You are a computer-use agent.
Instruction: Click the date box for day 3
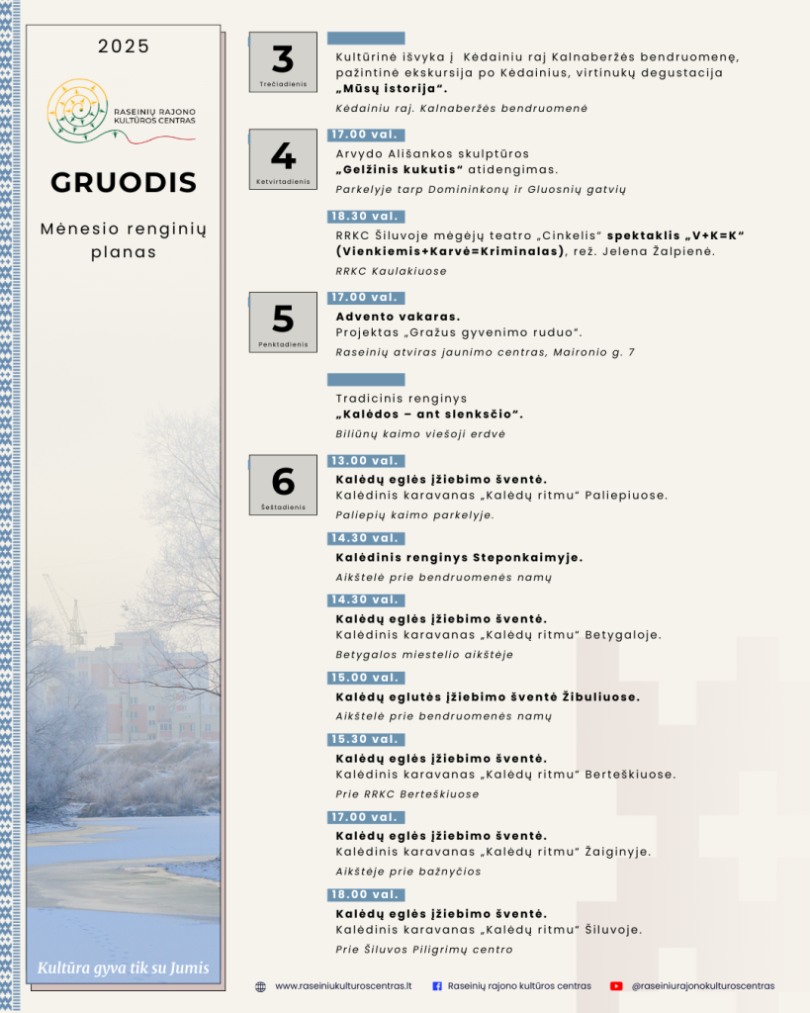pyautogui.click(x=283, y=63)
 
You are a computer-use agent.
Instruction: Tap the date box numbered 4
pyautogui.click(x=283, y=159)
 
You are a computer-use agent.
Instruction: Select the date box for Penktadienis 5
pyautogui.click(x=283, y=322)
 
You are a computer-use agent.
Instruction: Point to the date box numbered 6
pyautogui.click(x=283, y=485)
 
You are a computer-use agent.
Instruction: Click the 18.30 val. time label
pyautogui.click(x=365, y=216)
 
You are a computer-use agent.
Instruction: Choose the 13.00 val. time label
pyautogui.click(x=365, y=461)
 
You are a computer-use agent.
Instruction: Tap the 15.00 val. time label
pyautogui.click(x=365, y=678)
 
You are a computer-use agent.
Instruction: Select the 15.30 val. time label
pyautogui.click(x=365, y=739)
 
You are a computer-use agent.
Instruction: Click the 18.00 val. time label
pyautogui.click(x=365, y=894)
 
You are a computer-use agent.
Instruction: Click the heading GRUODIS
pyautogui.click(x=124, y=183)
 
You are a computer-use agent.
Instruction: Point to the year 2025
pyautogui.click(x=124, y=46)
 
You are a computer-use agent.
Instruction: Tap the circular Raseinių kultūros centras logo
pyautogui.click(x=77, y=109)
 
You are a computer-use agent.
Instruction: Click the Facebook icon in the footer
pyautogui.click(x=437, y=986)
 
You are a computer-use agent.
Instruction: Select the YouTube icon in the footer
pyautogui.click(x=616, y=986)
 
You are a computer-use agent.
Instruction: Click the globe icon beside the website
pyautogui.click(x=260, y=986)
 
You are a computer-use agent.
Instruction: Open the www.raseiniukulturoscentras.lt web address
pyautogui.click(x=343, y=986)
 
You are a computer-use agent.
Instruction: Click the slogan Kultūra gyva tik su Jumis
pyautogui.click(x=124, y=967)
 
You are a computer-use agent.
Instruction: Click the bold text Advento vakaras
pyautogui.click(x=391, y=317)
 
